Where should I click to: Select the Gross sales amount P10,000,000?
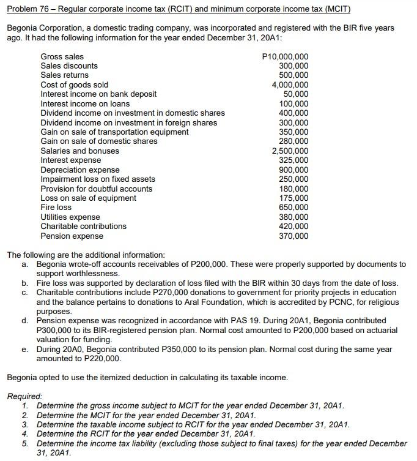(285, 56)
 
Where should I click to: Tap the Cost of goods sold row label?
(74, 84)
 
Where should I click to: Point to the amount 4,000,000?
(290, 84)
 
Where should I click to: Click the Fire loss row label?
(56, 207)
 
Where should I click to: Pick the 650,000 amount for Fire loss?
(293, 207)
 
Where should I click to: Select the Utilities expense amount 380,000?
(293, 217)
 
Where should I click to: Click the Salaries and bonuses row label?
(79, 151)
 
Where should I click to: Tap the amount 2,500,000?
(290, 151)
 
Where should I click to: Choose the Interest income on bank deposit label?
(98, 94)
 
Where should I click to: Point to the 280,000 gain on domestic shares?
(293, 141)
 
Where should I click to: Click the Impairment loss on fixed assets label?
(97, 179)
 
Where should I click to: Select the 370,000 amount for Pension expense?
(293, 236)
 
